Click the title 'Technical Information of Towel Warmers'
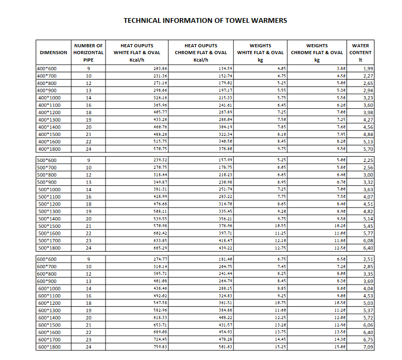(205, 21)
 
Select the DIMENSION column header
(54, 53)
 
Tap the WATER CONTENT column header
(361, 53)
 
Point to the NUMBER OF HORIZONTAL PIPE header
(89, 53)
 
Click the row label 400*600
(47, 68)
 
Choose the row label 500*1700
(49, 241)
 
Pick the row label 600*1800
(49, 347)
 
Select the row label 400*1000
(49, 98)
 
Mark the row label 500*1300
(49, 211)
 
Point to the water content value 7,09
(368, 347)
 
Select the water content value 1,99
(368, 68)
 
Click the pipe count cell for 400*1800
(89, 149)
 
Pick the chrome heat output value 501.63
(225, 347)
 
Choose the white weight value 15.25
(282, 347)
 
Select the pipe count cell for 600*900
(89, 281)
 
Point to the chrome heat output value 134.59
(225, 68)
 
